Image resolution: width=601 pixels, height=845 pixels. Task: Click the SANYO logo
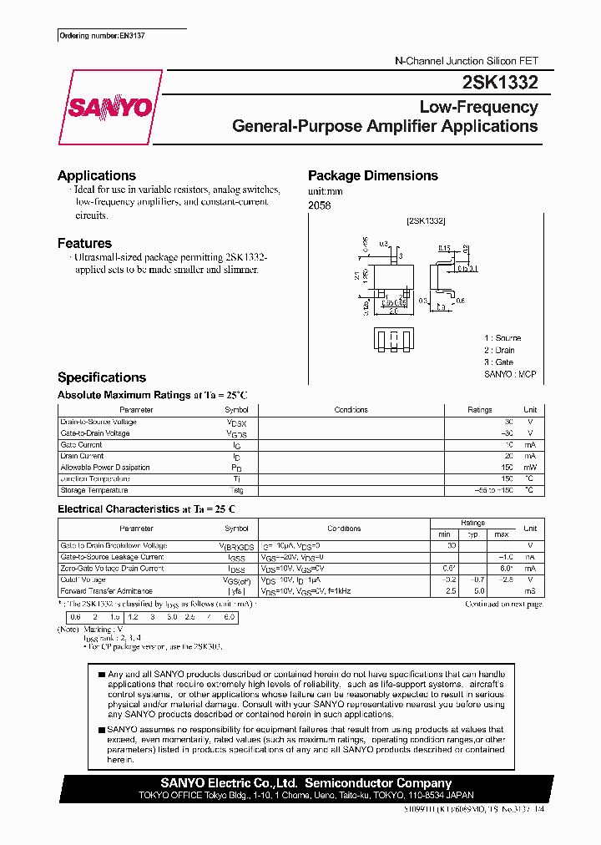pyautogui.click(x=110, y=108)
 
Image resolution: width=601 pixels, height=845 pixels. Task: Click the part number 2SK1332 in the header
pyautogui.click(x=499, y=82)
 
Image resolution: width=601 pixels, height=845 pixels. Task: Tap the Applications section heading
pyautogui.click(x=97, y=175)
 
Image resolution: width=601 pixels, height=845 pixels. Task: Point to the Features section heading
pyautogui.click(x=84, y=243)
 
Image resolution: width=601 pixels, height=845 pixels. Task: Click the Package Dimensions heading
pyautogui.click(x=372, y=175)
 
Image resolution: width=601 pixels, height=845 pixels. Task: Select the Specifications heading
pyautogui.click(x=101, y=377)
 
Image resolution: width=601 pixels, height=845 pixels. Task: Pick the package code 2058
pyautogui.click(x=319, y=205)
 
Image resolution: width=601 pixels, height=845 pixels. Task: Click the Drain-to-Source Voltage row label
pyautogui.click(x=98, y=422)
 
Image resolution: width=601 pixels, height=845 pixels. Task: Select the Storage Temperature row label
pyautogui.click(x=93, y=490)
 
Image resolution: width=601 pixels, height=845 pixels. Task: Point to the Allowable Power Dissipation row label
pyautogui.click(x=105, y=468)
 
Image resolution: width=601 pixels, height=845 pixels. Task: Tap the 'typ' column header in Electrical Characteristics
pyautogui.click(x=472, y=534)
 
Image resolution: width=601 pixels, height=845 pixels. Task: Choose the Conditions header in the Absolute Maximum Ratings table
pyautogui.click(x=351, y=410)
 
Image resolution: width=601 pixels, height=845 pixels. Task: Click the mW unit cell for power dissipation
pyautogui.click(x=530, y=468)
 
